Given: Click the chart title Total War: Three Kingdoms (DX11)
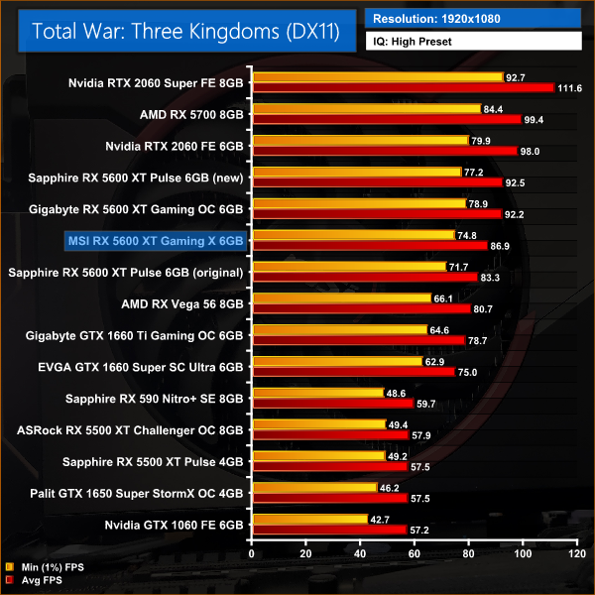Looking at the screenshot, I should (186, 31).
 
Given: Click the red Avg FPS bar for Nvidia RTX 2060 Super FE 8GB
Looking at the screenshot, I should (403, 88).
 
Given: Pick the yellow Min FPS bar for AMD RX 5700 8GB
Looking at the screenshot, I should (366, 109).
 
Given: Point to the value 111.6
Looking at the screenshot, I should (571, 88).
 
